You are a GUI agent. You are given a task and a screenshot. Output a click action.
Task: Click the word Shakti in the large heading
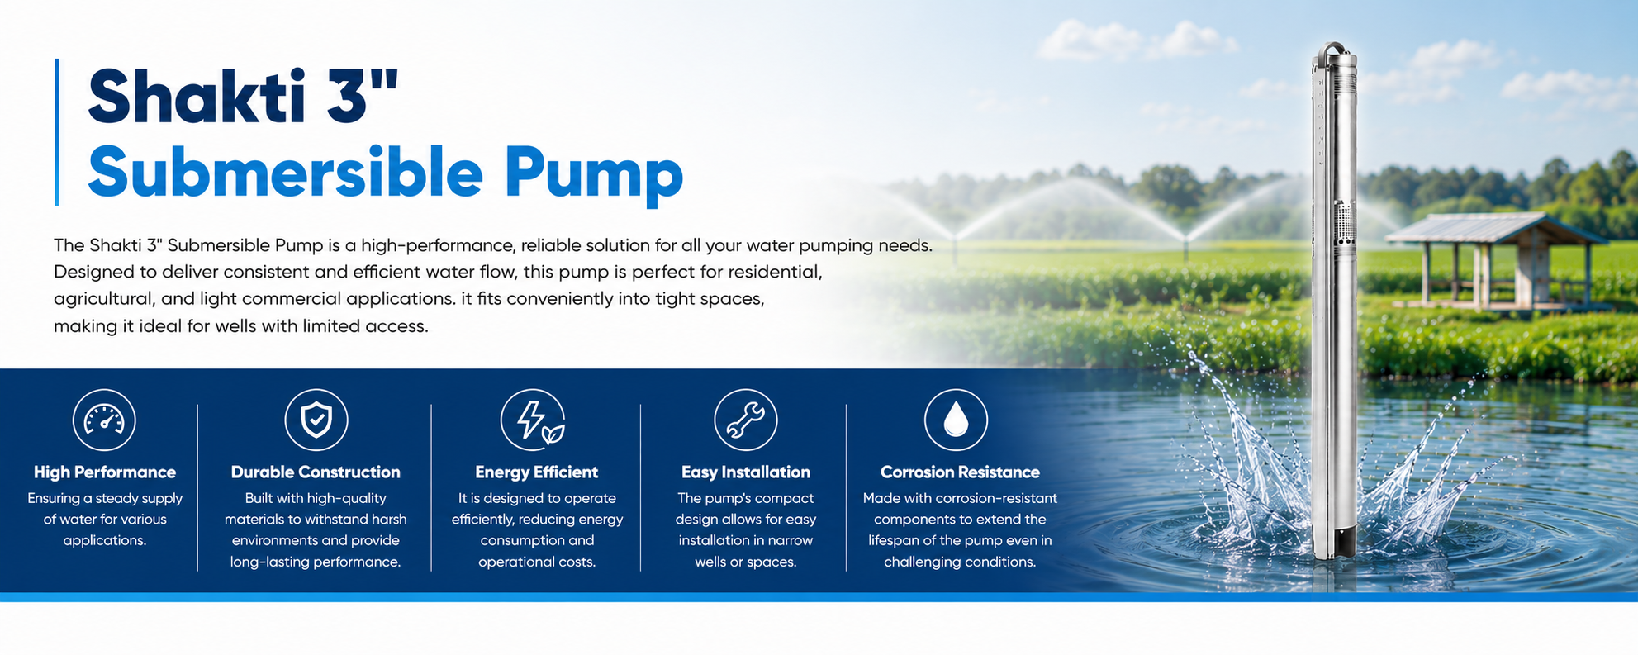pyautogui.click(x=196, y=97)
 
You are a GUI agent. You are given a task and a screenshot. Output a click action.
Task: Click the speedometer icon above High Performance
pyautogui.click(x=104, y=420)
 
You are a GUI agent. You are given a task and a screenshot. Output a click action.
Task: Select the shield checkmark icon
pyautogui.click(x=316, y=420)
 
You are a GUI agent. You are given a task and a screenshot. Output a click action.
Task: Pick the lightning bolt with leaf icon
pyautogui.click(x=533, y=420)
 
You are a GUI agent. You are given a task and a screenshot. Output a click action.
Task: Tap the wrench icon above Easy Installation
pyautogui.click(x=746, y=420)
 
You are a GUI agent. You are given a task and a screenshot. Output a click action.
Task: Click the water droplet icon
pyautogui.click(x=956, y=420)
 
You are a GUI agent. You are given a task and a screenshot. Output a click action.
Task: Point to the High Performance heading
pyautogui.click(x=105, y=472)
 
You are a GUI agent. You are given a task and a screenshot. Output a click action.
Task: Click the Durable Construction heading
pyautogui.click(x=316, y=472)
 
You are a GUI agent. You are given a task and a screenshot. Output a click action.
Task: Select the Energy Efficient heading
pyautogui.click(x=537, y=472)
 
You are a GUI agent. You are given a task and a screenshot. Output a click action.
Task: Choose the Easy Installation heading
pyautogui.click(x=746, y=472)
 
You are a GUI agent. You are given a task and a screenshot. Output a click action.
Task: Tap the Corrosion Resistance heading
pyautogui.click(x=960, y=472)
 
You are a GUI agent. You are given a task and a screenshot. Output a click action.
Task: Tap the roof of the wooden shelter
pyautogui.click(x=1495, y=228)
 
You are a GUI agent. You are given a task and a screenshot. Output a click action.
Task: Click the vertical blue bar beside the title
pyautogui.click(x=57, y=132)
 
